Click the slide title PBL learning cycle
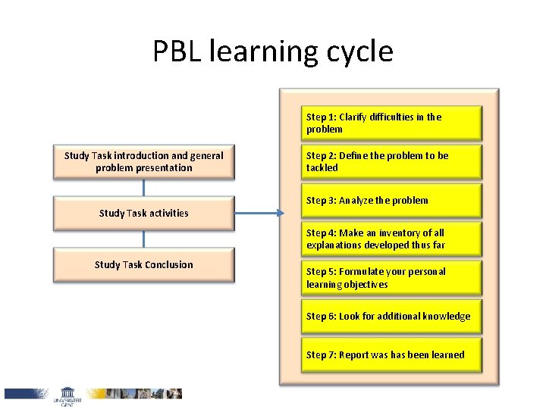pyautogui.click(x=273, y=52)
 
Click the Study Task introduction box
pyautogui.click(x=144, y=162)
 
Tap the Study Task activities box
pyautogui.click(x=144, y=214)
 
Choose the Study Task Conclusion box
pyautogui.click(x=144, y=265)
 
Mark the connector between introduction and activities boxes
pyautogui.click(x=143, y=188)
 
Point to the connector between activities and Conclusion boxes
pyautogui.click(x=143, y=239)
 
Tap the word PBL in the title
pyautogui.click(x=176, y=52)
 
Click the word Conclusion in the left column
pyautogui.click(x=168, y=265)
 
